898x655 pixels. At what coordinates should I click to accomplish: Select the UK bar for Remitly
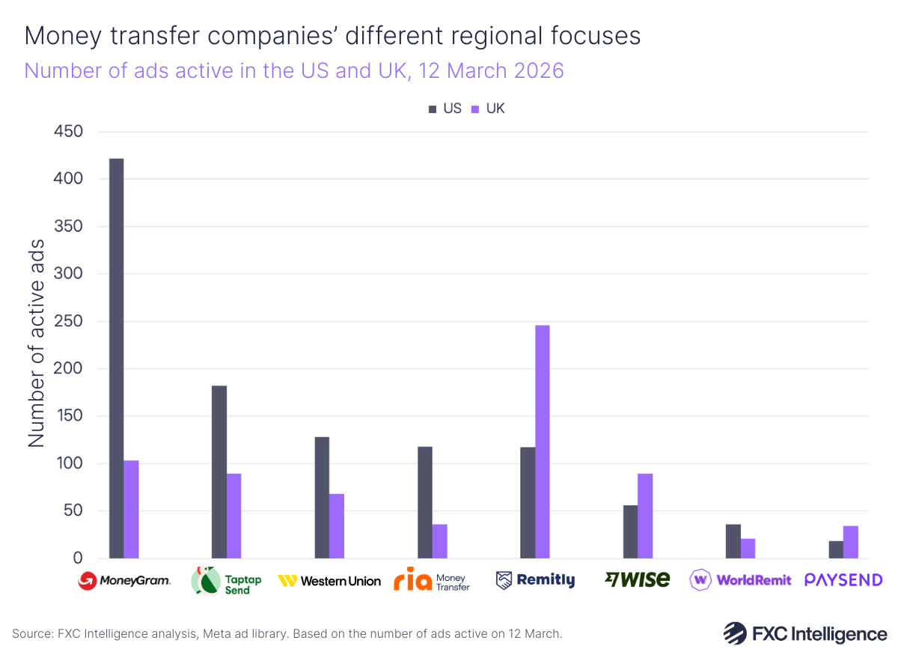click(542, 442)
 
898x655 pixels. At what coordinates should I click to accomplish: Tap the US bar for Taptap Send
click(219, 472)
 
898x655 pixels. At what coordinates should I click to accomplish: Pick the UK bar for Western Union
click(337, 525)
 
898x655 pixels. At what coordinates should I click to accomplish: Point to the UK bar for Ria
click(440, 540)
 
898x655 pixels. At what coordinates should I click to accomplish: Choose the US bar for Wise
click(630, 531)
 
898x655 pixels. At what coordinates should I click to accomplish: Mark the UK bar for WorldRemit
click(748, 548)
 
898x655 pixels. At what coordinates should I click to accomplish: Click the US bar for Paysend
click(836, 549)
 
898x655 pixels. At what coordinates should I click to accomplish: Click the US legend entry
click(445, 109)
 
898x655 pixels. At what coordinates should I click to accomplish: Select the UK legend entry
click(488, 109)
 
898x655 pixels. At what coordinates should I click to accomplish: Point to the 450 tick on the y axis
click(68, 132)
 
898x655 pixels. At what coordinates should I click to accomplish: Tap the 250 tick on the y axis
click(68, 322)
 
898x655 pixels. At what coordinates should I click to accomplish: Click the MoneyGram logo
click(125, 580)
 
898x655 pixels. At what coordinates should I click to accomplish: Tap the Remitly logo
click(535, 580)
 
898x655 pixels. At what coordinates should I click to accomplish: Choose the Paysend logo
click(843, 580)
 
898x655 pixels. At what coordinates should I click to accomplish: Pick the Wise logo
click(638, 579)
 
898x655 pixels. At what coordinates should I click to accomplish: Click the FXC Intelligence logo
click(804, 633)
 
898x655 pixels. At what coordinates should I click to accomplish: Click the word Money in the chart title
click(60, 36)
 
